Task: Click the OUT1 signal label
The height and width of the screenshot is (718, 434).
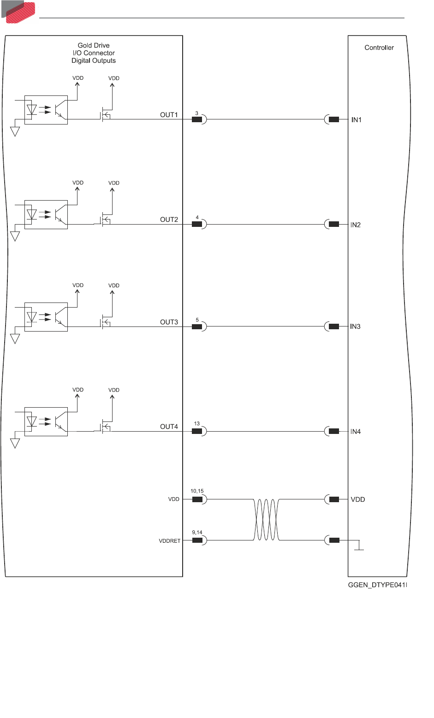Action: coord(169,115)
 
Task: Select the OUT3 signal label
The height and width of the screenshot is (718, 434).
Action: coord(169,322)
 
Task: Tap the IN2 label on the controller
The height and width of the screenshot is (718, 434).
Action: coord(355,225)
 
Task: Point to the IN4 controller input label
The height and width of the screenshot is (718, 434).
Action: coord(355,432)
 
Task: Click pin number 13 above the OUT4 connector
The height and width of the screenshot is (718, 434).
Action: coord(197,423)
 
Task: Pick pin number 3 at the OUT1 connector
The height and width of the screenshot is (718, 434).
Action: coord(197,113)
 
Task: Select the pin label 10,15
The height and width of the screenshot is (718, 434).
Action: coord(197,492)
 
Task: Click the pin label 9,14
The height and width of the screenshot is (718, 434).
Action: coord(197,533)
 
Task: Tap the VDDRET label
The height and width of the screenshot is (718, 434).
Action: coord(170,541)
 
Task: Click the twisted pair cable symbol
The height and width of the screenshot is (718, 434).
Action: coord(266,519)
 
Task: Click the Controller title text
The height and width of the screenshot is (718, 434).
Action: coord(379,47)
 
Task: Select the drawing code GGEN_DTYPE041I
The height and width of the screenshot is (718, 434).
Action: coord(377,585)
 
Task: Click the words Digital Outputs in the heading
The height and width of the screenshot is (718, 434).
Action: coord(94,60)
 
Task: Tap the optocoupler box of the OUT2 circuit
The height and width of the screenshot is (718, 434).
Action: coord(46,214)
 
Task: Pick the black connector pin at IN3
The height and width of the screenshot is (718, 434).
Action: coord(334,326)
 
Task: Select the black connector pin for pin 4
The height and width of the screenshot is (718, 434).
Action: coord(197,224)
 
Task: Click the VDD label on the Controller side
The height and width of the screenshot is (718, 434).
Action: coord(358,499)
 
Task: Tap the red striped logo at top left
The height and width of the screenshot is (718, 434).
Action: coord(19,10)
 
